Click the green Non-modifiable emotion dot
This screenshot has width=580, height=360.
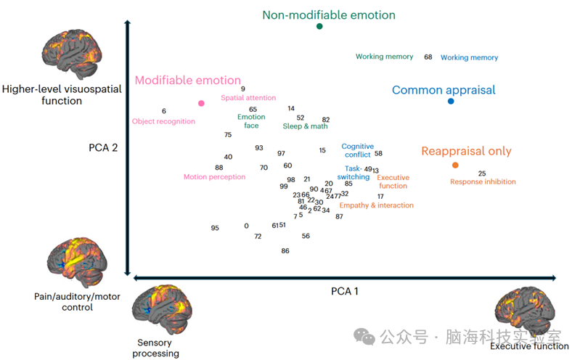coord(319,26)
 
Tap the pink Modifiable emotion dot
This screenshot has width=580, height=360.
coord(201,103)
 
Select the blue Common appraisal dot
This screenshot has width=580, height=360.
coord(451,101)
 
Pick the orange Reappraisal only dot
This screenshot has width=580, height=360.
coord(455,165)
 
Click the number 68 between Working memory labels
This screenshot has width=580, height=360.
coord(428,57)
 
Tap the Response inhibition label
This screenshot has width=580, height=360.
coord(483,181)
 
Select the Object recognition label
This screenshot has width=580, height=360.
coord(163,121)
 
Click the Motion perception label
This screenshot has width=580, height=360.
coord(214,176)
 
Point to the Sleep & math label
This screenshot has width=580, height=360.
coord(305,126)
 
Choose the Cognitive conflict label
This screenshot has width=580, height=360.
coord(357,150)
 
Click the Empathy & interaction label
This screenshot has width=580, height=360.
coord(376,205)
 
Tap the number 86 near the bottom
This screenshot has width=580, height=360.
coord(285,250)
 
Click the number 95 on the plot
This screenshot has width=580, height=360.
coord(215,228)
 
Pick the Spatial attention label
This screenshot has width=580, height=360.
coord(248,98)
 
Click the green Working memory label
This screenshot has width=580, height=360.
coord(384,57)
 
